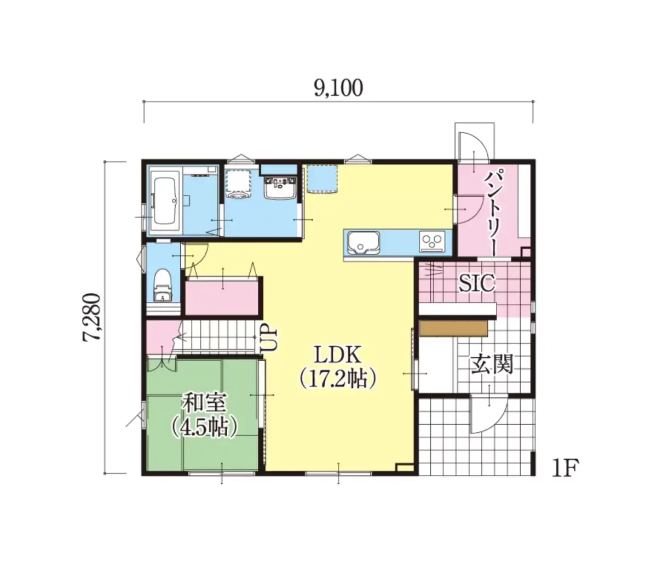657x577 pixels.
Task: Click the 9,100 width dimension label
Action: click(x=338, y=88)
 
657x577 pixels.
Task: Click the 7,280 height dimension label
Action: click(x=91, y=317)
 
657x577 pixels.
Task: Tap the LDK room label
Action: click(x=338, y=355)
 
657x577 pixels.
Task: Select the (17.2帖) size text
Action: click(x=338, y=379)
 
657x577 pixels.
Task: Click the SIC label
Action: click(x=476, y=283)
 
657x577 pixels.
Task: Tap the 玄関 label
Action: click(x=492, y=364)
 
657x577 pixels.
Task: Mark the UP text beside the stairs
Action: click(x=269, y=339)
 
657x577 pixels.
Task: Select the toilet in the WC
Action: click(x=163, y=285)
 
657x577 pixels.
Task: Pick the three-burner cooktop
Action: click(x=432, y=241)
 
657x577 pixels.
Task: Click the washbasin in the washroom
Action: click(x=280, y=187)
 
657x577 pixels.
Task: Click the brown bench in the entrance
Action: click(x=453, y=328)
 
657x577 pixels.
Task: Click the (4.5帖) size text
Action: click(x=205, y=429)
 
